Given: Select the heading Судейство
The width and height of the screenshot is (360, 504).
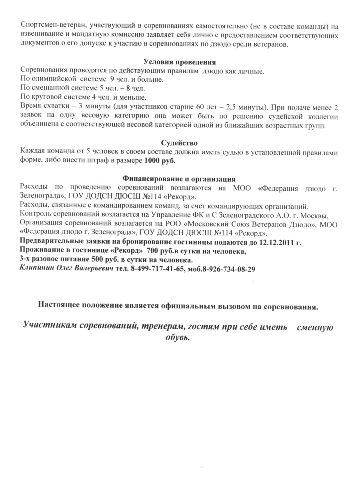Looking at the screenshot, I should point(180,143).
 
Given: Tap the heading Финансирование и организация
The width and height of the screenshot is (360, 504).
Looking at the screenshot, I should point(179,178).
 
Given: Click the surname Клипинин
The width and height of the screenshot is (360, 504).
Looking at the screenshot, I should point(35,269).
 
